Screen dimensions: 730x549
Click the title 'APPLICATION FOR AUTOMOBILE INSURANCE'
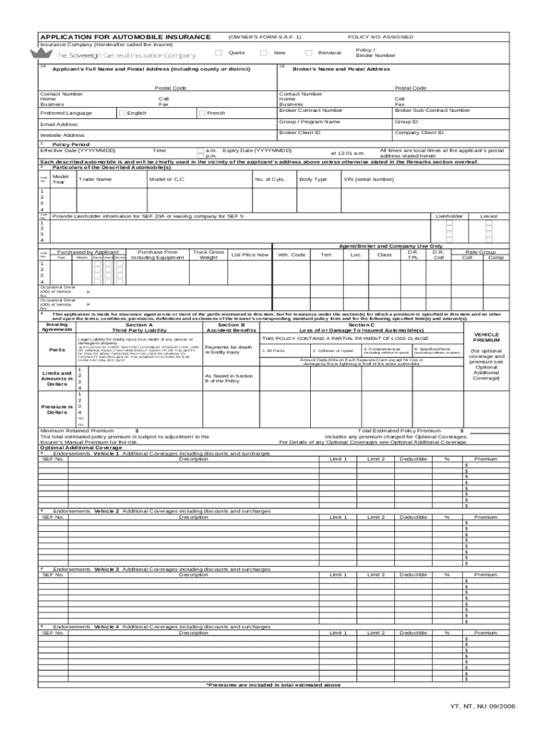125,36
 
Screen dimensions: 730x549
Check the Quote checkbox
218,53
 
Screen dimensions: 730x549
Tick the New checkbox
263,53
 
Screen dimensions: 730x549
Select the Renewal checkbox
308,53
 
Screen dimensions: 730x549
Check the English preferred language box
122,113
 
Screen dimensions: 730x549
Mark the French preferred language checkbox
202,113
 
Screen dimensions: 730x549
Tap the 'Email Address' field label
59,124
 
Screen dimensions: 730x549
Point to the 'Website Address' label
62,135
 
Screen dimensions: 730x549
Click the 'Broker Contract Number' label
310,110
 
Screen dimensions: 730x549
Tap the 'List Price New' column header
250,255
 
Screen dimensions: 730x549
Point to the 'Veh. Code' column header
292,255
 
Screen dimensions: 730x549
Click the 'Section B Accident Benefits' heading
230,327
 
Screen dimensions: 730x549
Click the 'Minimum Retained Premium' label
77,431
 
